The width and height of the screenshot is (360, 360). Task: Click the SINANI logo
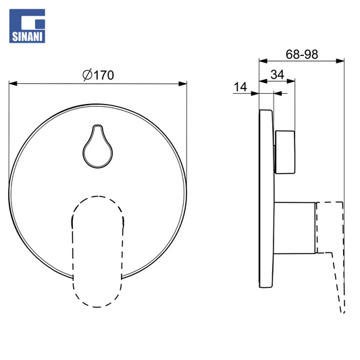click(x=27, y=26)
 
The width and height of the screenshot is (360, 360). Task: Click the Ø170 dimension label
click(x=98, y=75)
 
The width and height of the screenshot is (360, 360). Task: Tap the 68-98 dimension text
click(x=302, y=55)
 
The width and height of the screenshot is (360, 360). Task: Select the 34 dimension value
click(x=278, y=74)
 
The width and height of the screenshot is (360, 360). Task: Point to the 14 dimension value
click(x=240, y=87)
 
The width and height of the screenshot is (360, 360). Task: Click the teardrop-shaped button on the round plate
click(x=98, y=147)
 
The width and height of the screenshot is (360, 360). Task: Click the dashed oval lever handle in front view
click(x=97, y=252)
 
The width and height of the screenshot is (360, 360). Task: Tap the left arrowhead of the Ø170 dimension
click(x=13, y=83)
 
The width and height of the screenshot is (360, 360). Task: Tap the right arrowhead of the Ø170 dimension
click(x=182, y=83)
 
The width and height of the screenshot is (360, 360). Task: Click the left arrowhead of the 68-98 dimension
click(x=263, y=61)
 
